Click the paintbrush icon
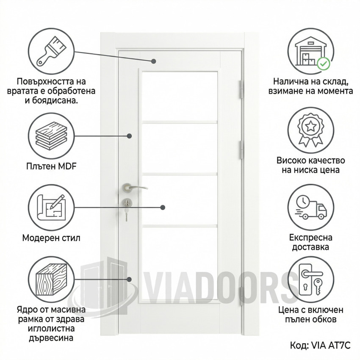pos(51,51)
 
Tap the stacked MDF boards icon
pos(51,136)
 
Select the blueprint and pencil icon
pos(51,208)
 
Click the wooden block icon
pos(51,280)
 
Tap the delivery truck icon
pos(311,208)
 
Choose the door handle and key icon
pos(311,279)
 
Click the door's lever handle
pos(134,188)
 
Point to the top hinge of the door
pos(241,89)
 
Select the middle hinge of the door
pos(241,150)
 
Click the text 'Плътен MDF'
pos(51,166)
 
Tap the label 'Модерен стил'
pos(51,238)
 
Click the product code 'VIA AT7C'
pos(331,345)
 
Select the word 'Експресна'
pos(310,238)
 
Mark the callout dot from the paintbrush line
pos(154,61)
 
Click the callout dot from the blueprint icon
pos(163,208)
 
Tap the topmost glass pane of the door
pos(180,96)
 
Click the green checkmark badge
pos(323,64)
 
